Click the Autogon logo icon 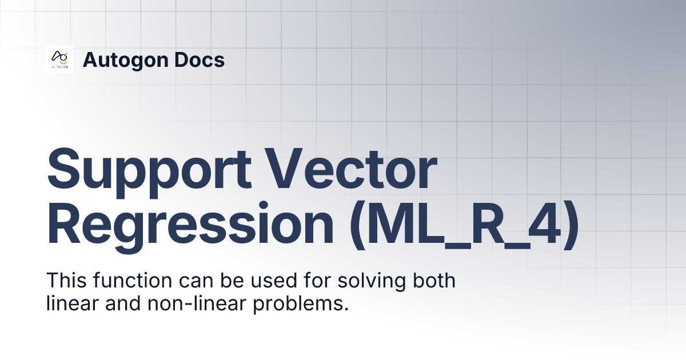(x=59, y=59)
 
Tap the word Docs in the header (x=202, y=59)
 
